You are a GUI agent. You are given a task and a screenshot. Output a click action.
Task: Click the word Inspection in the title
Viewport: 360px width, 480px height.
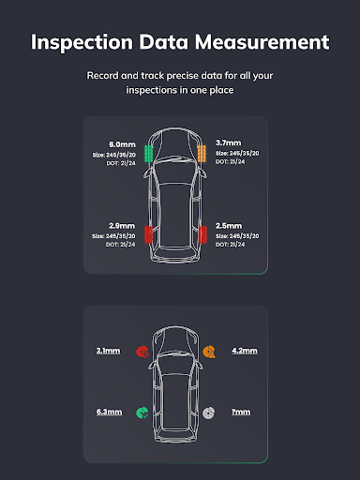click(82, 42)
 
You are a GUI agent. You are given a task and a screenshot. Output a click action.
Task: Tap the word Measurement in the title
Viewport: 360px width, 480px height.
click(262, 41)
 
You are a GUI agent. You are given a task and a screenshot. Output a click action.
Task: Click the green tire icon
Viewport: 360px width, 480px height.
click(148, 154)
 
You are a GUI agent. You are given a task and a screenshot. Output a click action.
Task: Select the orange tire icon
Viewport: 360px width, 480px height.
click(202, 153)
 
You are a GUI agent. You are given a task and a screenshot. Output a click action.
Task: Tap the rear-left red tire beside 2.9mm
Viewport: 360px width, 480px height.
click(148, 234)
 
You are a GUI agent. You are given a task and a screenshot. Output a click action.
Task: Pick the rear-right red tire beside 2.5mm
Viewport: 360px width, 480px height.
click(202, 234)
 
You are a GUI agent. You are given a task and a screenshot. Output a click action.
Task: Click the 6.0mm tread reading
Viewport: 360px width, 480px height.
click(122, 144)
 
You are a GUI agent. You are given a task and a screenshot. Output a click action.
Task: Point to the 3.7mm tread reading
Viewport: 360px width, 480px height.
click(229, 142)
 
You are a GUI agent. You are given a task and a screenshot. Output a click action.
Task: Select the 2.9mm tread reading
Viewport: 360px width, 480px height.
click(122, 226)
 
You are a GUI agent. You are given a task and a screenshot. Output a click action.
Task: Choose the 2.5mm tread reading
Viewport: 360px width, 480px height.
click(229, 226)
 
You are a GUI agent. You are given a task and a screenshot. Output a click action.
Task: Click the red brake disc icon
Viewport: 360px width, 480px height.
click(142, 352)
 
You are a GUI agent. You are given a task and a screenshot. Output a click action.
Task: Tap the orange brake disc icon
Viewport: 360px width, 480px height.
click(209, 352)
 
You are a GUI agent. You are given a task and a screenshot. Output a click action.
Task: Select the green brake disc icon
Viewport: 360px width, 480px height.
click(142, 412)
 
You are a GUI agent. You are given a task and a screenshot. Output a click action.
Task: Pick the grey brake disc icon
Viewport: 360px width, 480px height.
click(209, 412)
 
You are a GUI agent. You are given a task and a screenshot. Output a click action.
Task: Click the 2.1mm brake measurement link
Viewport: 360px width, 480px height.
click(108, 351)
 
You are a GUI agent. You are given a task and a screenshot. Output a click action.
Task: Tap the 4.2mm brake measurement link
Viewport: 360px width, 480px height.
click(245, 351)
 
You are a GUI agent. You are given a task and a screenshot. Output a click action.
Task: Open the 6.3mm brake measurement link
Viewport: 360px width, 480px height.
click(109, 412)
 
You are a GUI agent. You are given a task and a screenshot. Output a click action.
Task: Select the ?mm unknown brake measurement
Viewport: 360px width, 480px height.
click(241, 412)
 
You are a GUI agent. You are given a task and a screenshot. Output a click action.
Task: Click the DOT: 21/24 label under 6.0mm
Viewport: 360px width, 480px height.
click(121, 163)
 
